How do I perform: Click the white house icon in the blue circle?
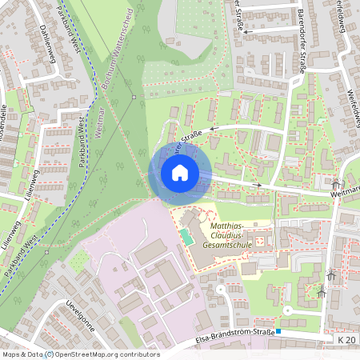(180, 173)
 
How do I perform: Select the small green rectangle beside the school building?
(186, 238)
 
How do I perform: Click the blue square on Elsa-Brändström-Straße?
(278, 331)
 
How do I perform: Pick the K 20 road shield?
(346, 341)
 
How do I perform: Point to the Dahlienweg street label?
(48, 40)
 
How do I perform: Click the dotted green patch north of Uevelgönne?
(79, 260)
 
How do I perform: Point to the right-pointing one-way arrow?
(257, 185)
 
